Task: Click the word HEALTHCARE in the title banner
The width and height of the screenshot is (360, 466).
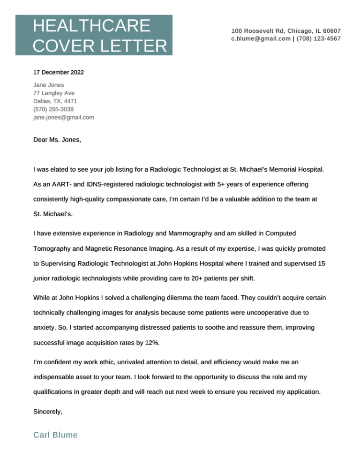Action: click(91, 26)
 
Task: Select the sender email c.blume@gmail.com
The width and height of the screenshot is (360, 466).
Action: click(261, 38)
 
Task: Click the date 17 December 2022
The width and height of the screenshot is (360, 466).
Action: click(59, 73)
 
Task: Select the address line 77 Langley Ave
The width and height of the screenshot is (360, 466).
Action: click(54, 93)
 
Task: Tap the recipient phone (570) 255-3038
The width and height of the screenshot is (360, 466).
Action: click(53, 109)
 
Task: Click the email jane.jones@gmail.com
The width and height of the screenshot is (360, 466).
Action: click(64, 117)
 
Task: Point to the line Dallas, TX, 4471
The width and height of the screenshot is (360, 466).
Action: click(55, 101)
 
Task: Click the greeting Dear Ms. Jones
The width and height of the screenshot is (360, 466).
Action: click(57, 139)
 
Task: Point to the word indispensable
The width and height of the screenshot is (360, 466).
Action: click(55, 377)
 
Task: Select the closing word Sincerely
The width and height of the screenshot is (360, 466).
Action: click(48, 412)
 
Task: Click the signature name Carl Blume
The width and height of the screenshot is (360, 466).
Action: click(55, 435)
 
